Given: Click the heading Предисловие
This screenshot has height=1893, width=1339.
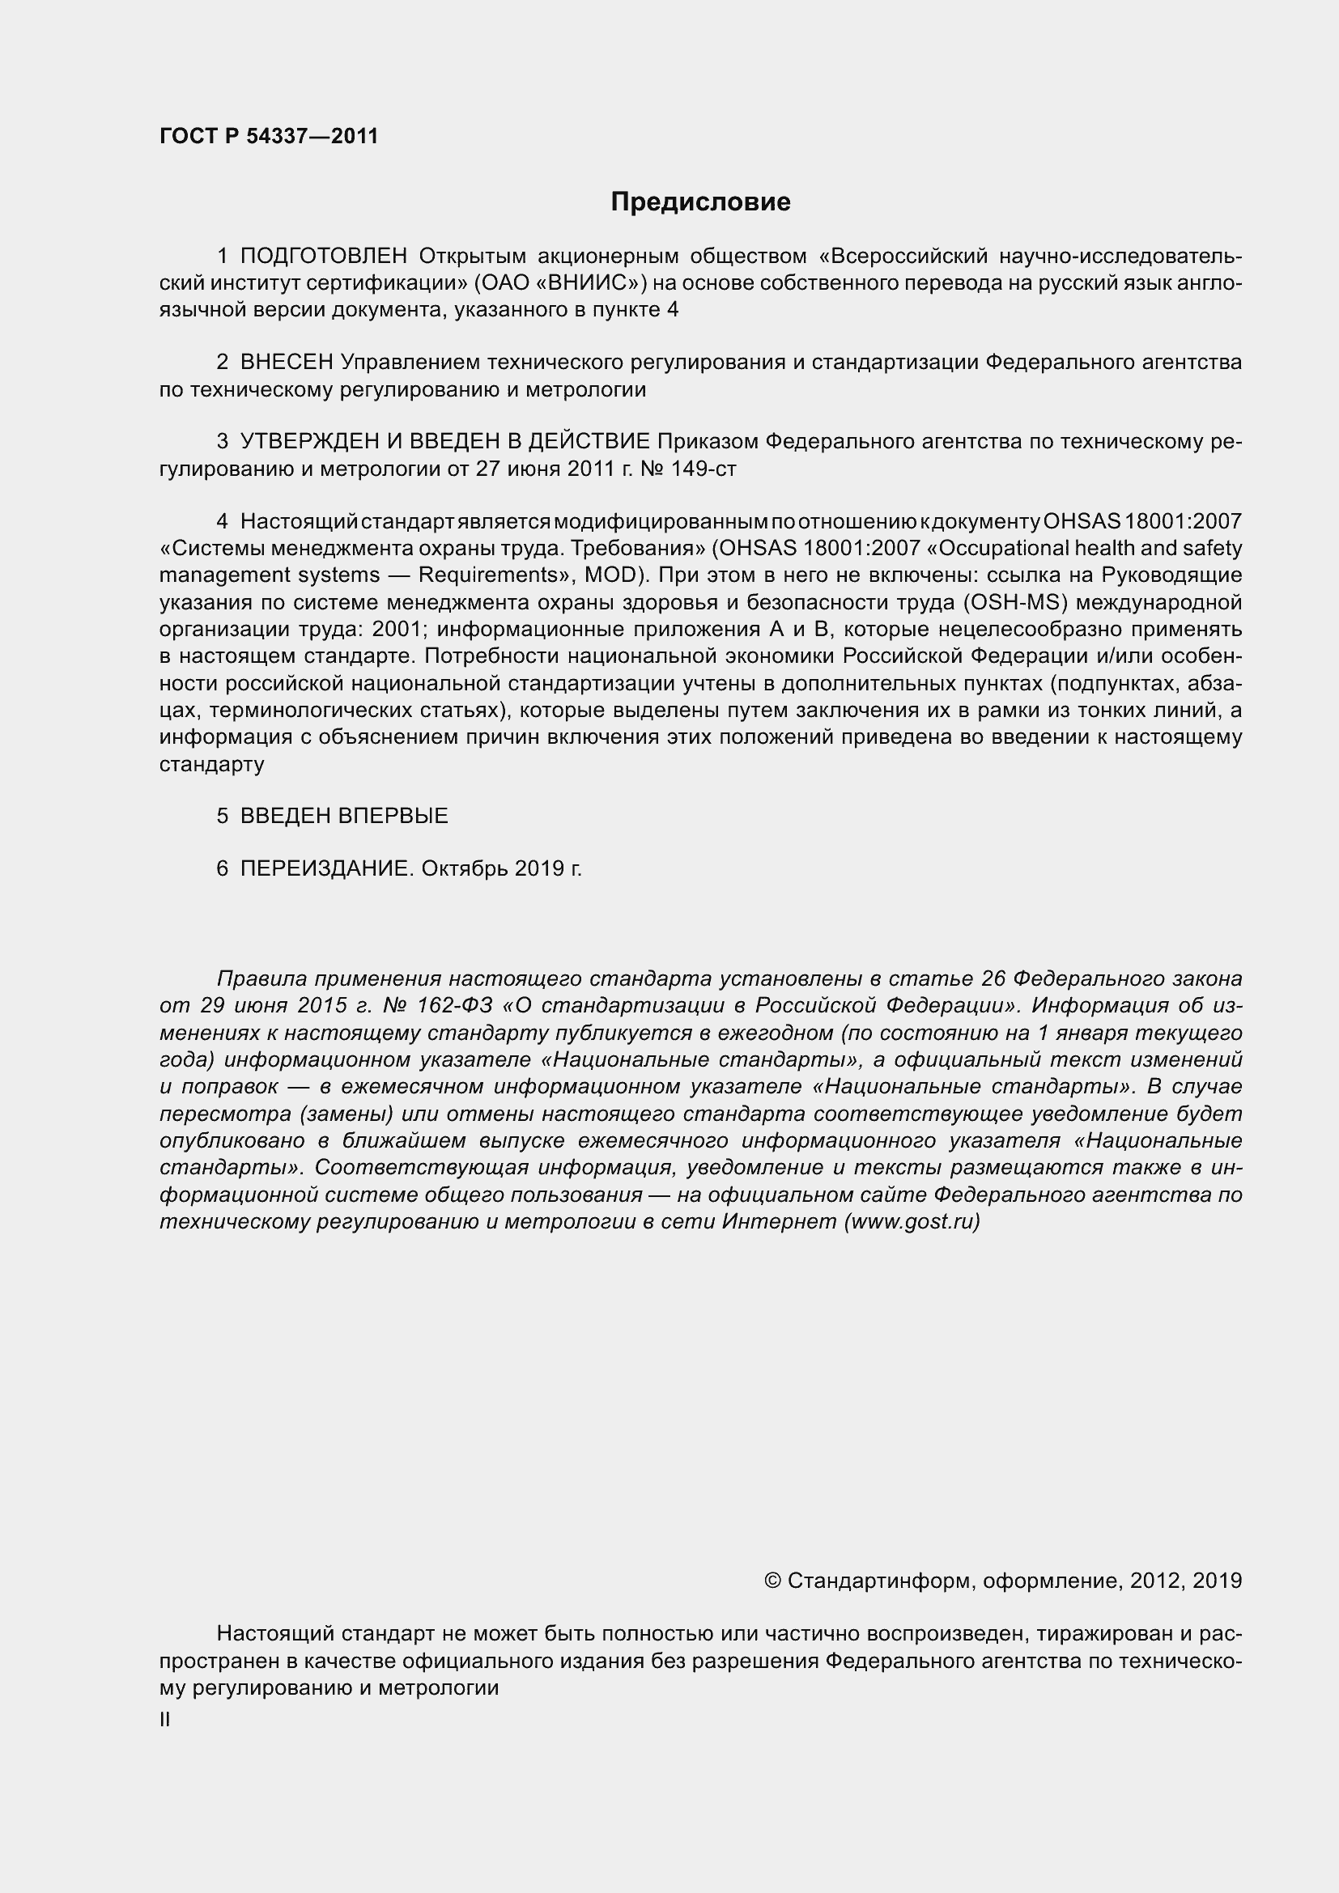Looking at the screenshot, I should coord(700,202).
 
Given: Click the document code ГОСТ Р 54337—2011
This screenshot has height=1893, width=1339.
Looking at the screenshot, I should coord(269,136).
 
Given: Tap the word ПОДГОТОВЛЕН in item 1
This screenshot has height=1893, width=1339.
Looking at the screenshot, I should coord(324,257).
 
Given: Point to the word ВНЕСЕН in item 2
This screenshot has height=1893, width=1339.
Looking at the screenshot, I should coord(286,362).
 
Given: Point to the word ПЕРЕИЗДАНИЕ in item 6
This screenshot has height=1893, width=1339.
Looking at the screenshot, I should coord(325,868).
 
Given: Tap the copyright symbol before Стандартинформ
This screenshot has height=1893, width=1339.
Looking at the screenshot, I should coord(772,1580).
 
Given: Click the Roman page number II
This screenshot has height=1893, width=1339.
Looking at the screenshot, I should coord(165,1720).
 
